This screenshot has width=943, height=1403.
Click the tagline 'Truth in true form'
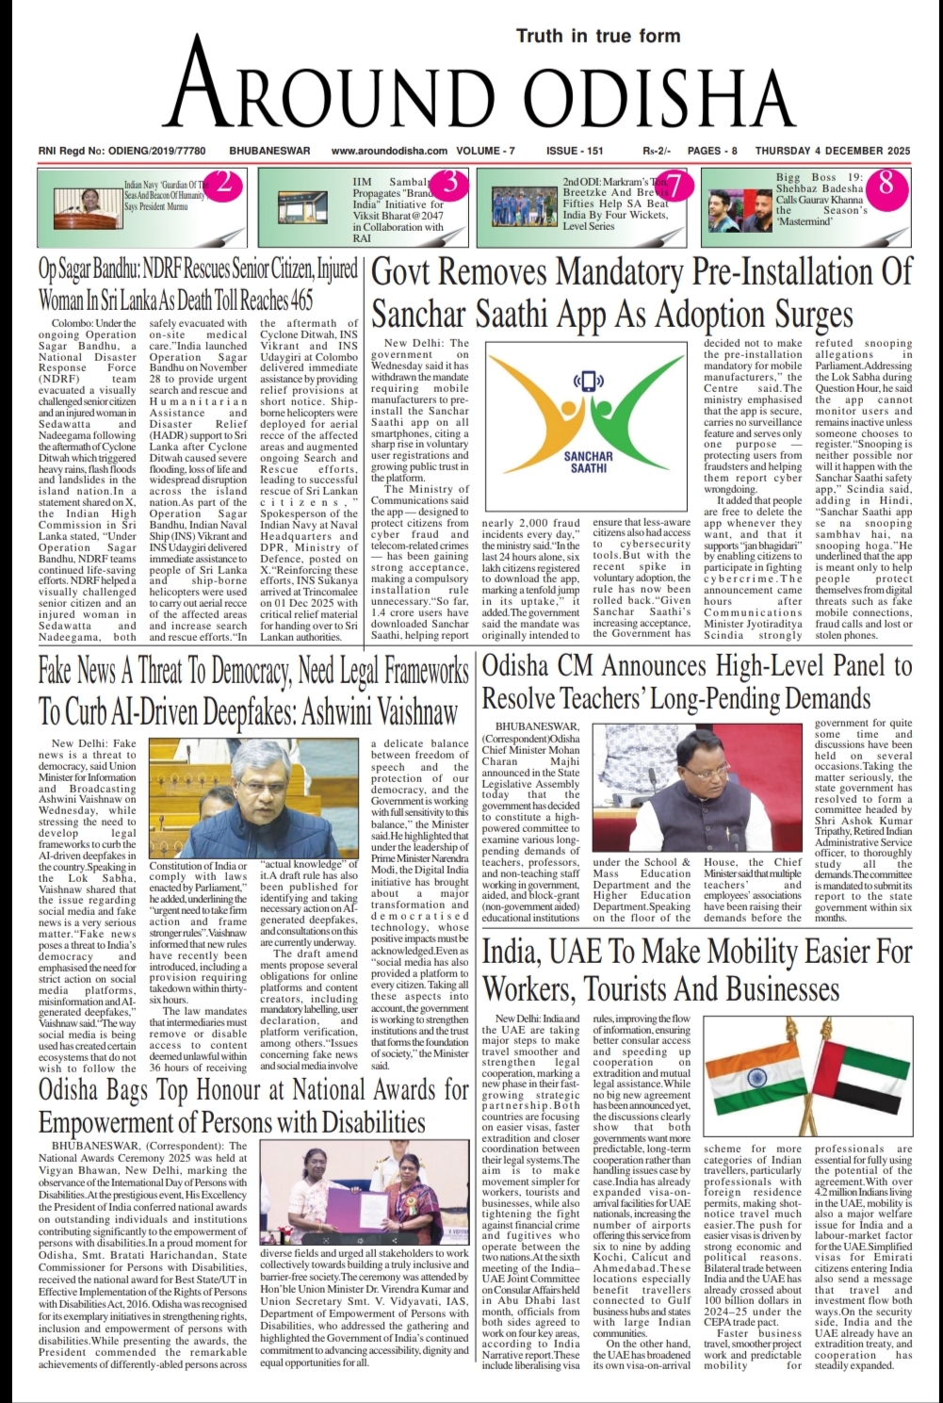click(x=597, y=36)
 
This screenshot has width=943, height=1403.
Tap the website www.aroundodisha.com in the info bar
click(x=389, y=151)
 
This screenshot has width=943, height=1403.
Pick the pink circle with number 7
click(x=678, y=186)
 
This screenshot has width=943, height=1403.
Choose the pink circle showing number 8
click(x=886, y=184)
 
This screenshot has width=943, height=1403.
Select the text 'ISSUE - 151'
click(x=574, y=151)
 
